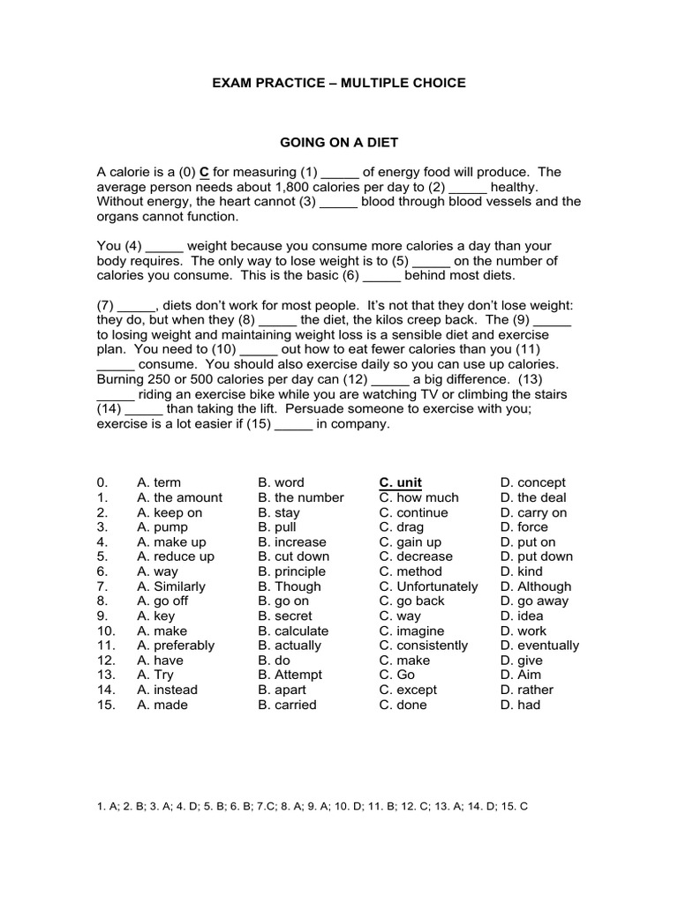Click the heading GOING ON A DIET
pyautogui.click(x=338, y=141)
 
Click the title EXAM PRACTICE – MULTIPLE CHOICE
pyautogui.click(x=338, y=83)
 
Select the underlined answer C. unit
pyautogui.click(x=401, y=482)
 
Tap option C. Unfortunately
pyautogui.click(x=429, y=586)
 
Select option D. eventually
pyautogui.click(x=539, y=646)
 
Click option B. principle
pyautogui.click(x=292, y=571)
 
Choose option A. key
pyautogui.click(x=156, y=616)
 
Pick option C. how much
pyautogui.click(x=419, y=497)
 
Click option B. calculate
pyautogui.click(x=293, y=631)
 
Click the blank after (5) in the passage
pyautogui.click(x=431, y=261)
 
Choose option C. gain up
pyautogui.click(x=411, y=542)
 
